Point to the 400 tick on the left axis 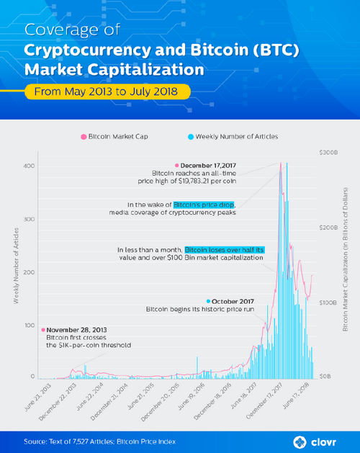point(28,166)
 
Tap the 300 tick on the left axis point(28,219)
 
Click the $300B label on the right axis point(329,153)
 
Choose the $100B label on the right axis point(329,302)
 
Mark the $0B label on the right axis point(326,377)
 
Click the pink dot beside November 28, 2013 point(42,330)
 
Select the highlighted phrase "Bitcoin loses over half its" point(225,249)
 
